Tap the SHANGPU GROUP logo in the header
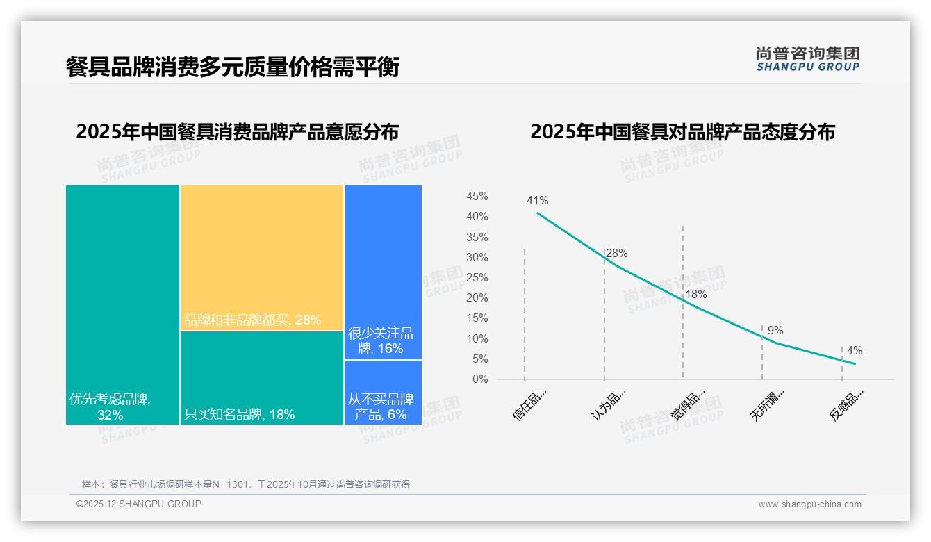(x=807, y=59)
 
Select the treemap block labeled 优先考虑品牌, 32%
(x=122, y=304)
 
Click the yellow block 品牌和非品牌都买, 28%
(x=262, y=257)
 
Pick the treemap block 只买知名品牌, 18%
(x=262, y=377)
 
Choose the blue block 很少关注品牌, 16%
(x=383, y=272)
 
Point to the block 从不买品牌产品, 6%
(x=383, y=392)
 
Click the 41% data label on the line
(x=537, y=201)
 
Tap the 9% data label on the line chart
(x=775, y=331)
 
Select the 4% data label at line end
(x=855, y=351)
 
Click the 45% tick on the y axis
(x=477, y=197)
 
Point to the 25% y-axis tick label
(x=477, y=278)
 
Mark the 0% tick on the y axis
(x=480, y=379)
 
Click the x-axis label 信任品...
(x=529, y=404)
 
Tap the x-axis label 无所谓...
(x=768, y=404)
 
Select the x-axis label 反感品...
(x=847, y=404)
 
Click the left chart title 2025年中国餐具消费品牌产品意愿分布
(x=238, y=132)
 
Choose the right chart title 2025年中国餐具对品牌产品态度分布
(x=682, y=132)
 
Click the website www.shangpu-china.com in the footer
(x=809, y=504)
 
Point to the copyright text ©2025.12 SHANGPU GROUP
(x=139, y=504)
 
